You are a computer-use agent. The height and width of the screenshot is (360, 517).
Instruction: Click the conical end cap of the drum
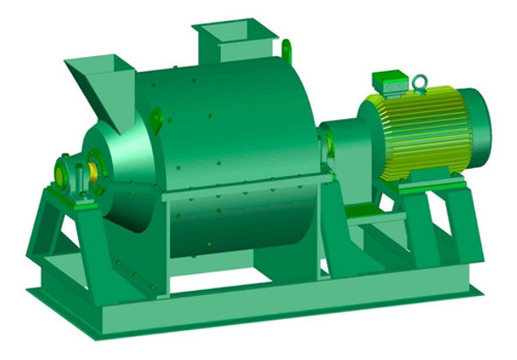[x=123, y=175]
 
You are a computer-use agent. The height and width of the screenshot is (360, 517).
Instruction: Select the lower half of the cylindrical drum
[x=237, y=223]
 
